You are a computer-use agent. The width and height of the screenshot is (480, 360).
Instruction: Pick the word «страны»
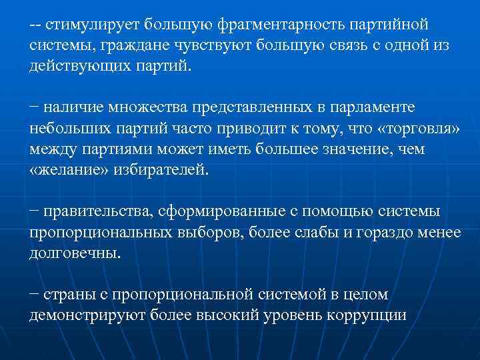tap(68, 294)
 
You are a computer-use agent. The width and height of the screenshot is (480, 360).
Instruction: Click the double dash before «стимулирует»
tap(35, 25)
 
